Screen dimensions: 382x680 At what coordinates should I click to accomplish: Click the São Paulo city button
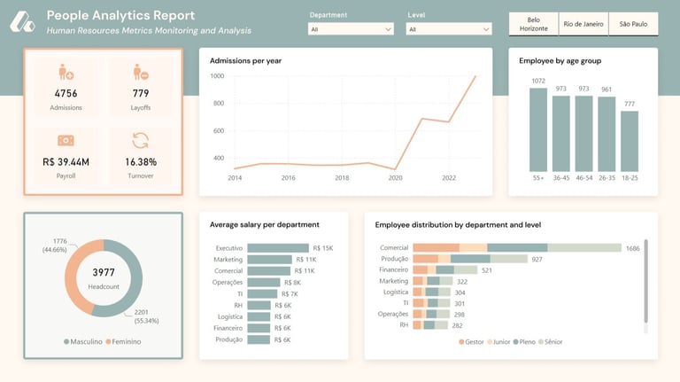(x=633, y=24)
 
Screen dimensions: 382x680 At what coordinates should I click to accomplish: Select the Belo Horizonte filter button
(x=533, y=24)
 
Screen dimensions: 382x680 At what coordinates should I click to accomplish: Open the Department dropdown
(x=351, y=29)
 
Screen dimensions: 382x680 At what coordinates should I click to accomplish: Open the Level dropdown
(x=449, y=29)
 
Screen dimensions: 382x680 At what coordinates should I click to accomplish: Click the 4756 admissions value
(x=66, y=93)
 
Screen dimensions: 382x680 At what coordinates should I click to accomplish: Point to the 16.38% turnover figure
(x=141, y=162)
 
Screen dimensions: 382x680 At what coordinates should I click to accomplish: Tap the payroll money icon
(x=66, y=140)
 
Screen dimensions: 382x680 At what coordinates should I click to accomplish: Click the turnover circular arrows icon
(x=141, y=140)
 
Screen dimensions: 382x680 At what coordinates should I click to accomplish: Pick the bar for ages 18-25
(x=630, y=141)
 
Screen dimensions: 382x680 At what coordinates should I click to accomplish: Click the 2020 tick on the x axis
(x=395, y=178)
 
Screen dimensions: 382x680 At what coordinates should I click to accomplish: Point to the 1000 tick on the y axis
(x=217, y=76)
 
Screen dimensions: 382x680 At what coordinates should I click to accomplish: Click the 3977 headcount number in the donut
(x=103, y=273)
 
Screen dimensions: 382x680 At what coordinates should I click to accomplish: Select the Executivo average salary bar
(x=278, y=248)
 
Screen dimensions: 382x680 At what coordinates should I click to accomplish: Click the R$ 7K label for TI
(x=290, y=293)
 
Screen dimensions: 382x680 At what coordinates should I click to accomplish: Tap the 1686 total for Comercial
(x=632, y=248)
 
